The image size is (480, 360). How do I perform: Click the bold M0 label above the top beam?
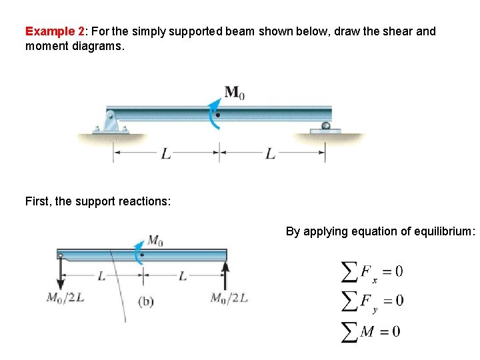[x=234, y=93]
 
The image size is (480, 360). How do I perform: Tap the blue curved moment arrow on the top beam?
[x=214, y=114]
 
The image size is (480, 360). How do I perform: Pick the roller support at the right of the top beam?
[x=325, y=127]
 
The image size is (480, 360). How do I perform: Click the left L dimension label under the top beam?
[x=167, y=154]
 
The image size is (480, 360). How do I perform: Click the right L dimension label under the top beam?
[x=270, y=154]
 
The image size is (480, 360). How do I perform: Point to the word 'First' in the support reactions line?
[x=37, y=201]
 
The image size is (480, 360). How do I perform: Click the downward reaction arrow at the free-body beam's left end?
[x=61, y=275]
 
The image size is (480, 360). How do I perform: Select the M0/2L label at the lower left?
[x=65, y=298]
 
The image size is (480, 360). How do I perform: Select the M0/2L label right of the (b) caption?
[x=229, y=298]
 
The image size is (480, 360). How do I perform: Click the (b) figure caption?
[x=146, y=301]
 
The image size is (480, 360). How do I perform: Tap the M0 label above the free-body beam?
[x=155, y=239]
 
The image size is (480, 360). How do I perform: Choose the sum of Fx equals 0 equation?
[x=372, y=272]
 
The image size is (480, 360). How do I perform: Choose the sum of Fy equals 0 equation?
[x=372, y=301]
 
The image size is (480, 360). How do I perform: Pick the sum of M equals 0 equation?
[x=371, y=331]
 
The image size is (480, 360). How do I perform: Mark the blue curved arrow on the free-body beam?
[x=139, y=251]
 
